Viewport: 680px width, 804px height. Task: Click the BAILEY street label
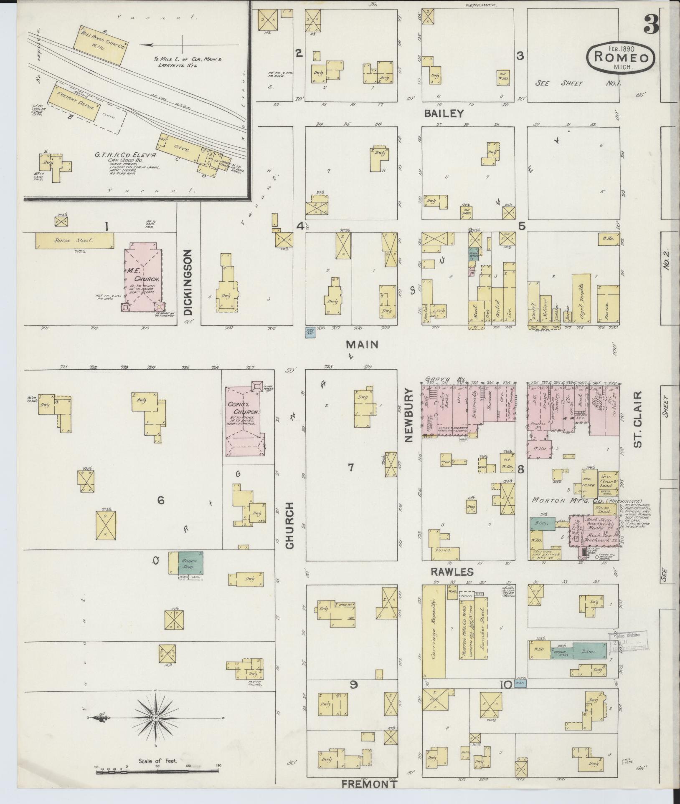443,113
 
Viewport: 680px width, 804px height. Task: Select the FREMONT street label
369,784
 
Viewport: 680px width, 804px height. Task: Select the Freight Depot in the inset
74,103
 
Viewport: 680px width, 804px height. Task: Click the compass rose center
155,717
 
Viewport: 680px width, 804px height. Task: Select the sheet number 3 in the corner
650,23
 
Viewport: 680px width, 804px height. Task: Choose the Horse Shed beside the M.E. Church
74,241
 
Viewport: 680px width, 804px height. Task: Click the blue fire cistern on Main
310,332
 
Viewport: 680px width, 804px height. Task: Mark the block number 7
351,467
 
